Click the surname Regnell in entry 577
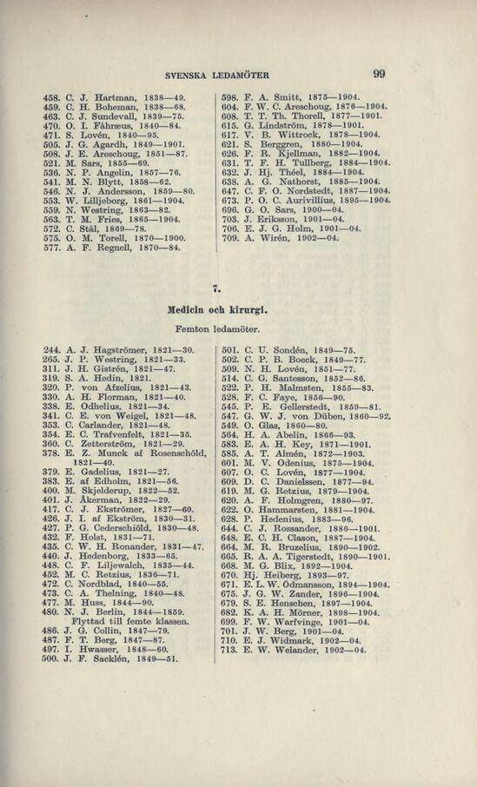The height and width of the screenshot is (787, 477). pyautogui.click(x=109, y=247)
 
